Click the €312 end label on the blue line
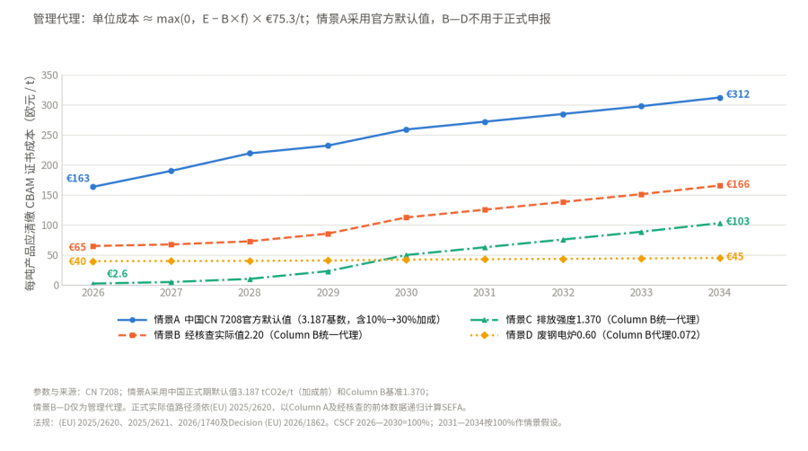[738, 94]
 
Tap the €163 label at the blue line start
[78, 179]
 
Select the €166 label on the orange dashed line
[738, 184]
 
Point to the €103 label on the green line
[738, 222]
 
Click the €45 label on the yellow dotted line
[734, 257]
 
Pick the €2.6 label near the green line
[117, 274]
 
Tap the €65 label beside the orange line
[77, 247]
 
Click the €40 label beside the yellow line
[77, 261]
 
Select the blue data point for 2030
[406, 130]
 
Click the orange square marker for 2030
[406, 217]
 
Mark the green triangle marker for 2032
[563, 240]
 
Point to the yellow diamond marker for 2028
[250, 261]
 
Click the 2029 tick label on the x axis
[328, 293]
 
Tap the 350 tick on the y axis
[49, 75]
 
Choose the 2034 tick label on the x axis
[719, 293]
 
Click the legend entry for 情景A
[279, 320]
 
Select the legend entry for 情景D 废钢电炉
[585, 335]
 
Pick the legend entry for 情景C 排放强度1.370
[585, 320]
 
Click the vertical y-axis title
[30, 183]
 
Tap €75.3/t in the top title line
[285, 19]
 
